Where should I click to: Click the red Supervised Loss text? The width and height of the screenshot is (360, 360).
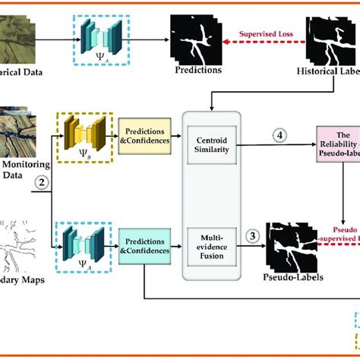pos(262,33)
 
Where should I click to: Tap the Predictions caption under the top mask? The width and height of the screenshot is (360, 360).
pos(197,70)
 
